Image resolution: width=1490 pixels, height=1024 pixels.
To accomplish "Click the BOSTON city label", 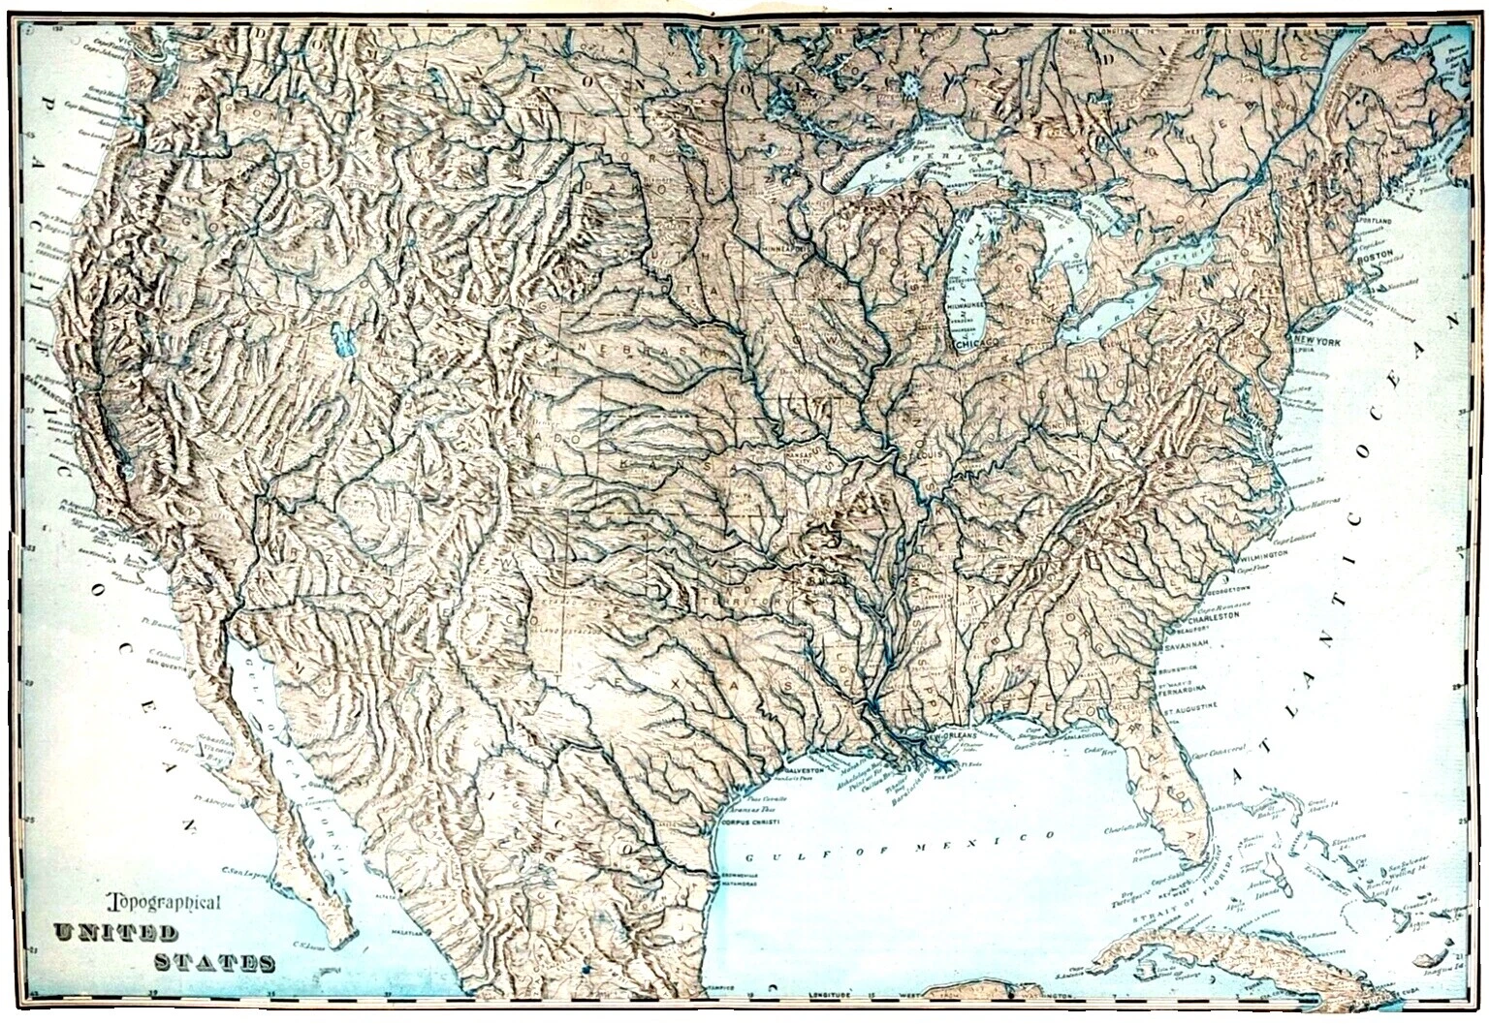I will [x=1374, y=261].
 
